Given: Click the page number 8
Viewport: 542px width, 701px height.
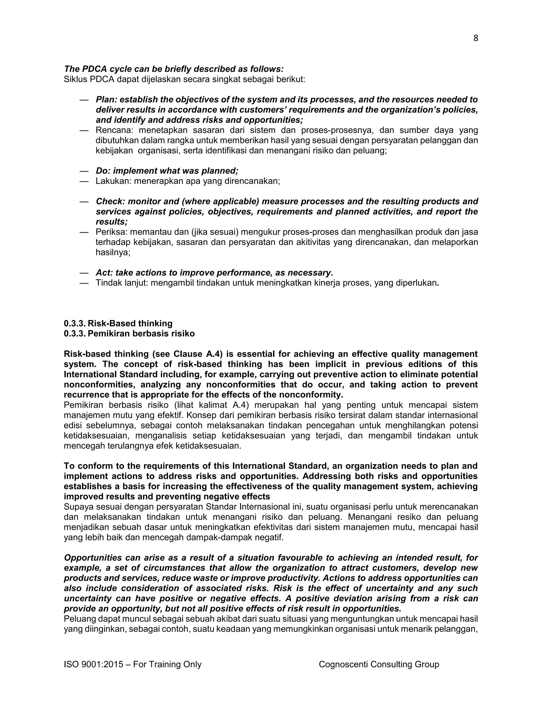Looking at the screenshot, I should pos(476,39).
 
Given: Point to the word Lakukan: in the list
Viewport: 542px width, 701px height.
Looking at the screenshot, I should pos(113,181).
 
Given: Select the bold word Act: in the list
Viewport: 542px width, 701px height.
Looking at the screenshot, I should pos(104,273).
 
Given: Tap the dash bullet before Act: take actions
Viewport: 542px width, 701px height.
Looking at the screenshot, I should pos(84,273).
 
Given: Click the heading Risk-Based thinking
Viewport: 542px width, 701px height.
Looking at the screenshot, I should pos(130,323).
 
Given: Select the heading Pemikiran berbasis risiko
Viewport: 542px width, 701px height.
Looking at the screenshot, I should pos(141,334).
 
